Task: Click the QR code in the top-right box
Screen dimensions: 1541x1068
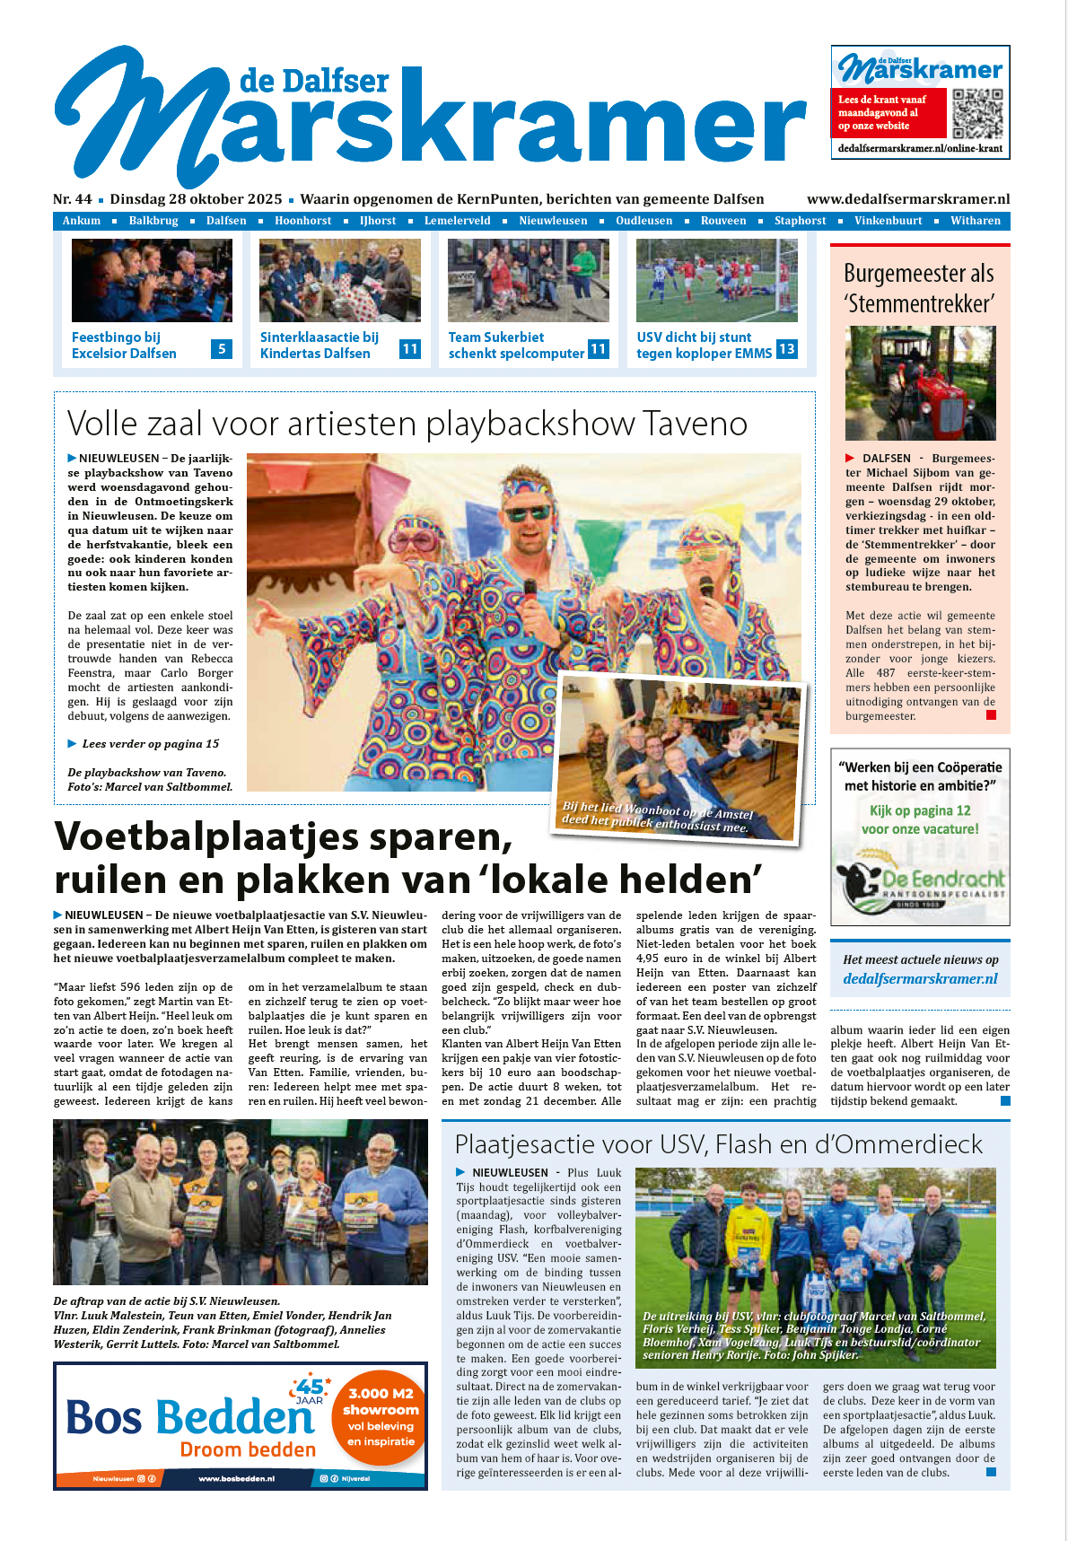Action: click(x=977, y=113)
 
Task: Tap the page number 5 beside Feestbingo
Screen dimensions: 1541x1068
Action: click(x=222, y=349)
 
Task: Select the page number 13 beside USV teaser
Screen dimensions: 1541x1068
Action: click(x=786, y=349)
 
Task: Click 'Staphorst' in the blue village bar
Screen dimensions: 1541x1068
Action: click(x=800, y=221)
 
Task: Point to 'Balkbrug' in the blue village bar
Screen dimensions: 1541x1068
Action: click(x=153, y=221)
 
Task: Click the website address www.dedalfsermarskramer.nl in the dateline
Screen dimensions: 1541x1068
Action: click(x=908, y=199)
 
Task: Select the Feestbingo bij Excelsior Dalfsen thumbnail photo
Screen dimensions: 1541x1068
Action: click(x=152, y=280)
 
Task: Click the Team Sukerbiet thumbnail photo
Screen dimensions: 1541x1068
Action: click(x=528, y=280)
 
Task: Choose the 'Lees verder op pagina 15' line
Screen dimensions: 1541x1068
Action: click(x=150, y=744)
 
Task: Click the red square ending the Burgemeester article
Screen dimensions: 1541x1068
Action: click(x=991, y=715)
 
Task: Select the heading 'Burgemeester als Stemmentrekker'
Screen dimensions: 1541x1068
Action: click(x=919, y=288)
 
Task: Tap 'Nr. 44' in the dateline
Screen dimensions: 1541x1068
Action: click(x=73, y=199)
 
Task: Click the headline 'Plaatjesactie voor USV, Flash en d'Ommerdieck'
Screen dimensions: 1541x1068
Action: click(x=718, y=1144)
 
